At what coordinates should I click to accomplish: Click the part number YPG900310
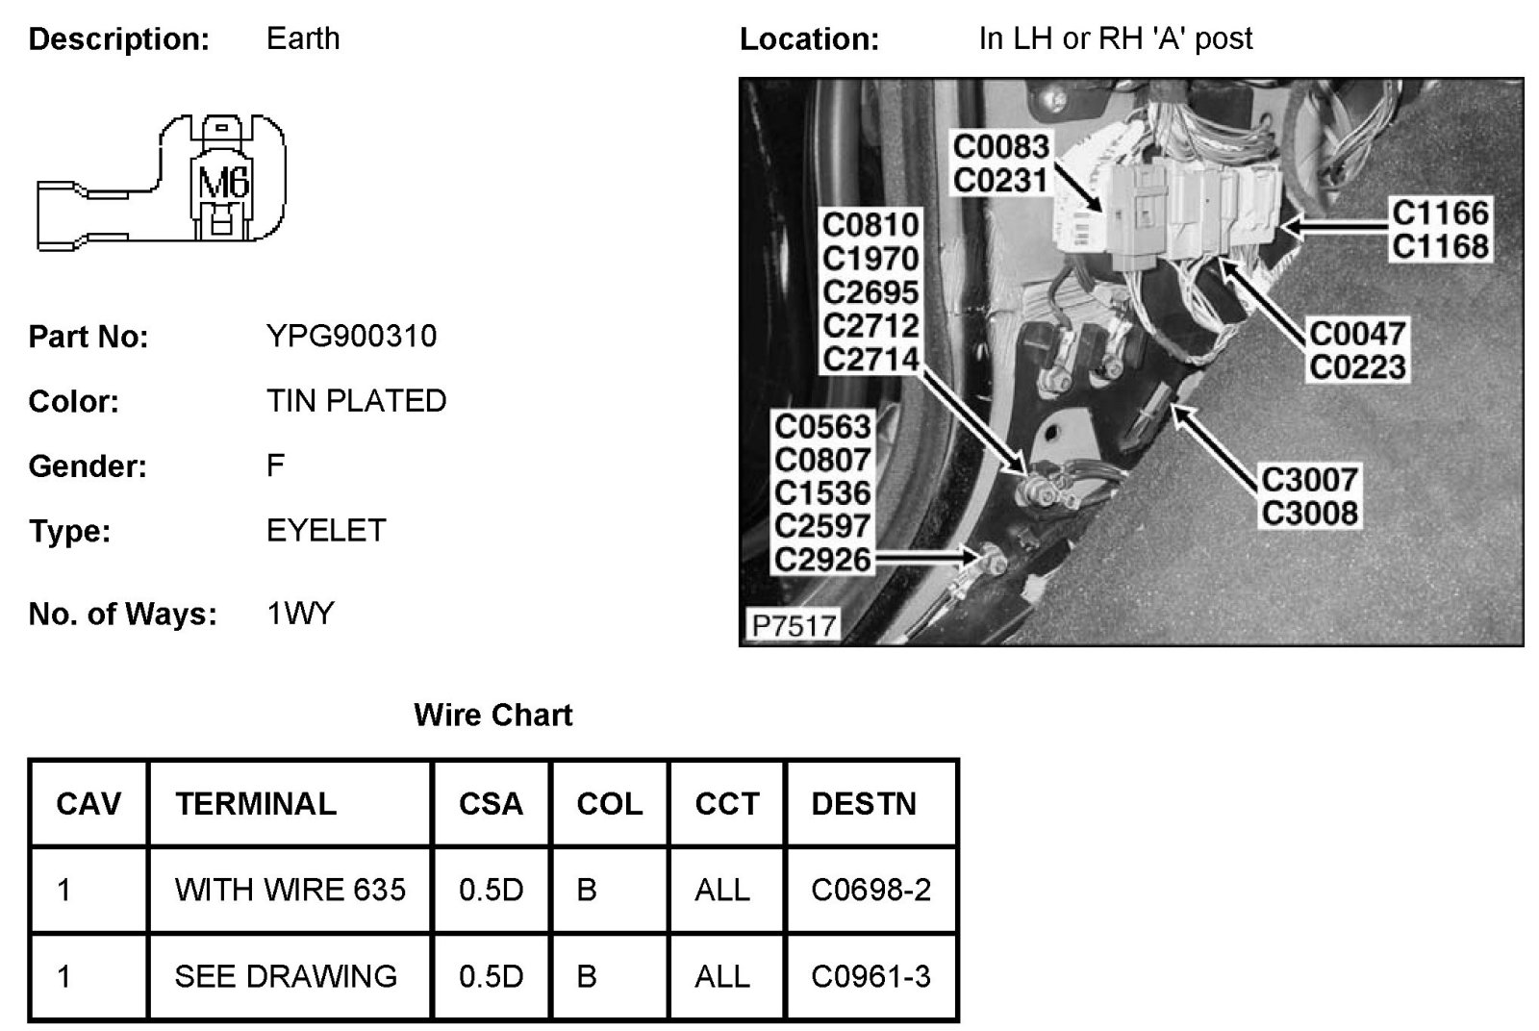tap(351, 336)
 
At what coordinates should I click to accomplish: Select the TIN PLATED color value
tap(356, 401)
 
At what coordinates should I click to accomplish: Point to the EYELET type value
tap(326, 530)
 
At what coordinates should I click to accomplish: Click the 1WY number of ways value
tap(300, 614)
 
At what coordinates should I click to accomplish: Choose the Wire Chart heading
tap(492, 715)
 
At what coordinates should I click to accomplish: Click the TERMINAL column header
tap(256, 803)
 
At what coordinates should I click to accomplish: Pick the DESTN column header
tap(864, 803)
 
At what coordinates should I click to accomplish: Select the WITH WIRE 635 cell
tap(290, 890)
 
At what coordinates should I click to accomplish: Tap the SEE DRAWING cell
tap(286, 976)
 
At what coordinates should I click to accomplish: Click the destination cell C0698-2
tap(870, 890)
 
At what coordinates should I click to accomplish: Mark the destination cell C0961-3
tap(870, 976)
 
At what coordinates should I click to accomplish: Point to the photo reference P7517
tap(794, 625)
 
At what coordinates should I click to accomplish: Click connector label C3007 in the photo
tap(1309, 479)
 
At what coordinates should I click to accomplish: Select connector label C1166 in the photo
tap(1440, 213)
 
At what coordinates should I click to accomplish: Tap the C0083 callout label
tap(1000, 147)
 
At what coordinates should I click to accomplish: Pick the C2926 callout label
tap(822, 559)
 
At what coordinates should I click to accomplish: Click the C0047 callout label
tap(1357, 334)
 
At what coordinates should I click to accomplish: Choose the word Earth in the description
tap(303, 38)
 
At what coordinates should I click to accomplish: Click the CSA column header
tap(491, 803)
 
